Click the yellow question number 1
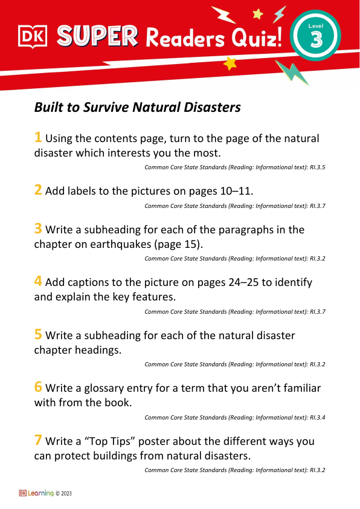click(37, 137)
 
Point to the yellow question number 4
click(37, 282)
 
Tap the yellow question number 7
click(37, 441)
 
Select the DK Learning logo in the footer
click(36, 493)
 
